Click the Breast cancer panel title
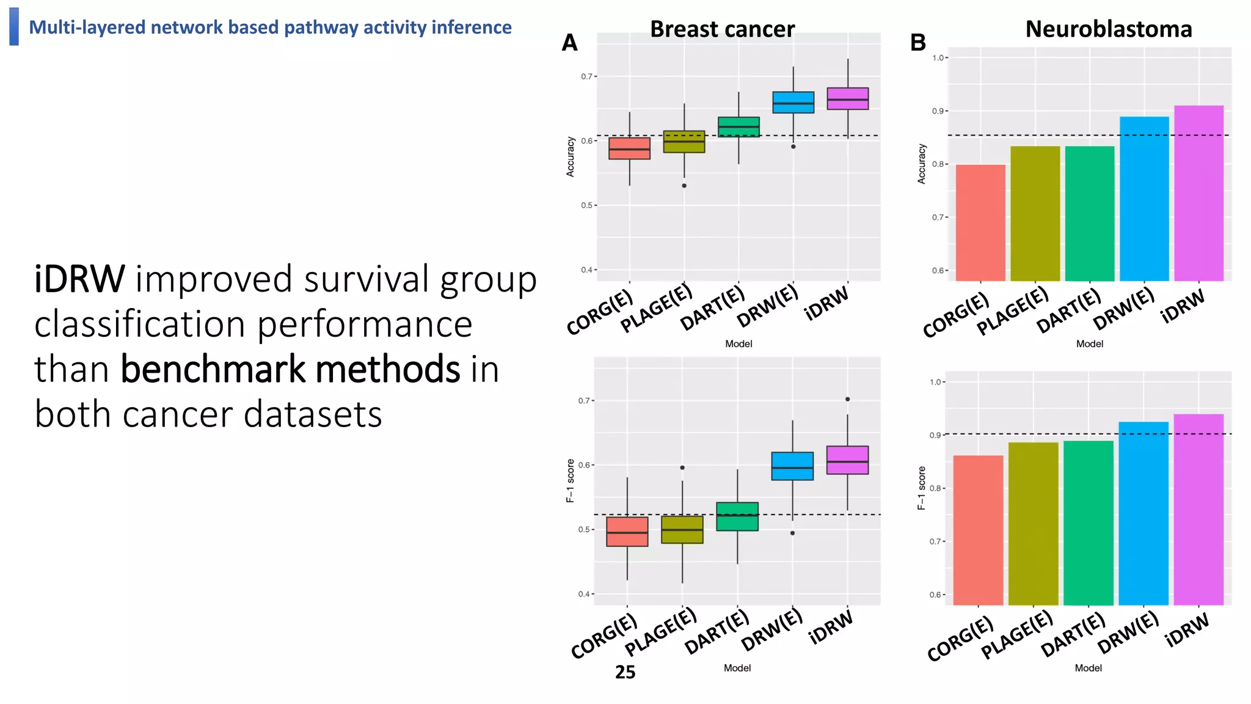tap(722, 29)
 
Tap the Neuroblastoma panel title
tap(1108, 29)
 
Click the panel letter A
tap(569, 43)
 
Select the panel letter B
tap(917, 43)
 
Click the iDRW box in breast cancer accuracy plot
tap(847, 98)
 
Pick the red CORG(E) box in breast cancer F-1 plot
tap(627, 532)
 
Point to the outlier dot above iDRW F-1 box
tap(847, 399)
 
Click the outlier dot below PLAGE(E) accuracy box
tap(684, 186)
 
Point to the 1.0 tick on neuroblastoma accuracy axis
tap(938, 58)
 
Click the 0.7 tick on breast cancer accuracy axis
tap(586, 76)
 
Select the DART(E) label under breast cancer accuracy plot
tap(713, 309)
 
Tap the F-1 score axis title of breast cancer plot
tap(571, 480)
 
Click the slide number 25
tap(625, 672)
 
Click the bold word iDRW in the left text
tap(79, 279)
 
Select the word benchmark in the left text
tap(214, 369)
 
